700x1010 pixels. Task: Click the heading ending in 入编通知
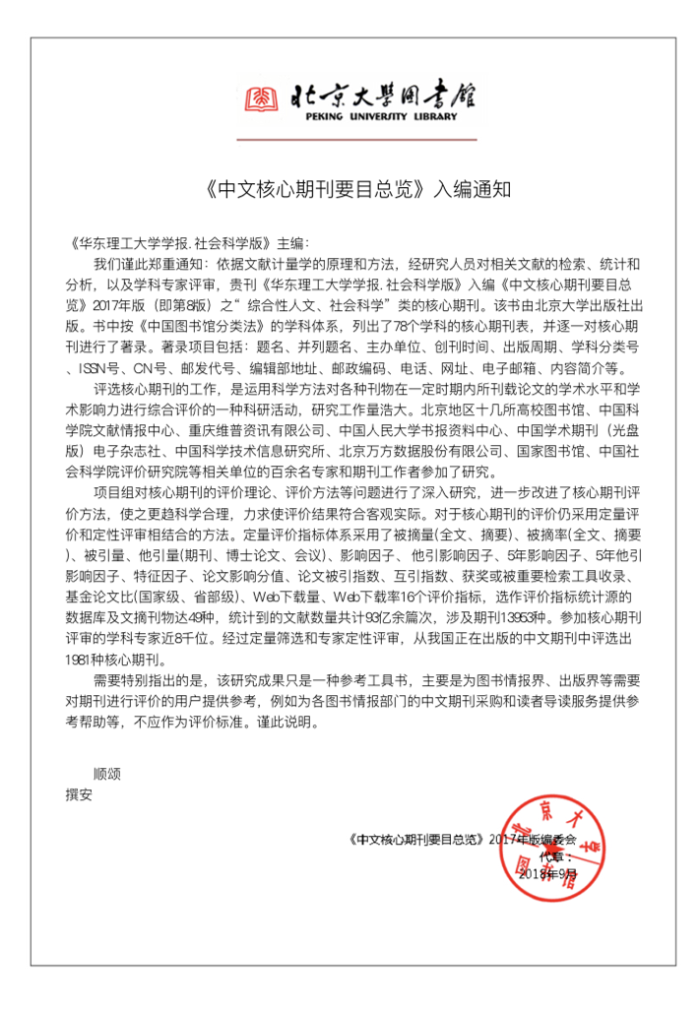coord(350,187)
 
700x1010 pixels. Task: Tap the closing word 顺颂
coord(106,773)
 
